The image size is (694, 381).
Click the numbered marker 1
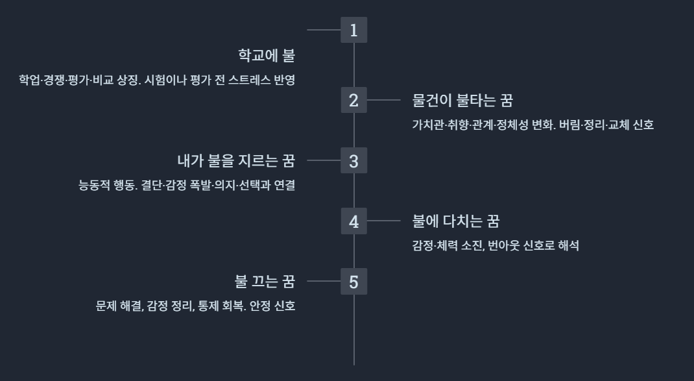353,30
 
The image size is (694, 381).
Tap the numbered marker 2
353,100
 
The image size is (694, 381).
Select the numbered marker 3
353,160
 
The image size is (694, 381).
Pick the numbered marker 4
353,221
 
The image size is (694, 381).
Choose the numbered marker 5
353,282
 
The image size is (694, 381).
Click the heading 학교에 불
267,55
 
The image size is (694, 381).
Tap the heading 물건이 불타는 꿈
462,100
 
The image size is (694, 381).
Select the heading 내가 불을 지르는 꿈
236,160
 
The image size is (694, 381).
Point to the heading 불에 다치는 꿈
455,221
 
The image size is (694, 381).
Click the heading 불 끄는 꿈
265,282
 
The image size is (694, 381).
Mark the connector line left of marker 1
324,30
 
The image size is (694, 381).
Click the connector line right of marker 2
383,100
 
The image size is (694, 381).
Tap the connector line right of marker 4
383,221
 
